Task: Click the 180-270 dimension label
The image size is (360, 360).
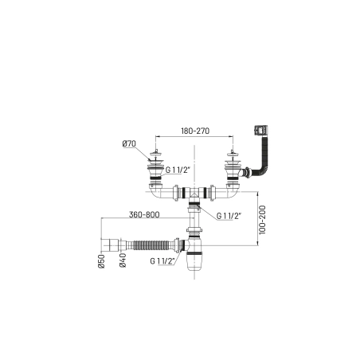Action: (195, 131)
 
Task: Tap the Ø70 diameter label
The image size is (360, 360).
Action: (129, 143)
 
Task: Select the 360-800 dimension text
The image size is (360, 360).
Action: (144, 214)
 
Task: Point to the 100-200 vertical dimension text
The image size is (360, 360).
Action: (262, 220)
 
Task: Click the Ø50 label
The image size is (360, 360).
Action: (101, 260)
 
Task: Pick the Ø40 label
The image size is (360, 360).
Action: (123, 260)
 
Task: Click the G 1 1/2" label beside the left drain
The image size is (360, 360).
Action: (178, 170)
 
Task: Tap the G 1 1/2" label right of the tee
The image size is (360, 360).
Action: (229, 216)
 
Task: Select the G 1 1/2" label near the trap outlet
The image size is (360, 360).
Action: (162, 261)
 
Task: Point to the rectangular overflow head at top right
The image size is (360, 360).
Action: (260, 130)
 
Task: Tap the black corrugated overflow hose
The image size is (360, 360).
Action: (263, 157)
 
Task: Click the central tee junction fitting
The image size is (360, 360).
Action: (194, 194)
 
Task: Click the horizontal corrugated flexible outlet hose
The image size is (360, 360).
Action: (151, 245)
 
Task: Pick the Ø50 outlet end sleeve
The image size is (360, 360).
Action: (109, 245)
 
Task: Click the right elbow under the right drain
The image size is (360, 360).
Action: (233, 192)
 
